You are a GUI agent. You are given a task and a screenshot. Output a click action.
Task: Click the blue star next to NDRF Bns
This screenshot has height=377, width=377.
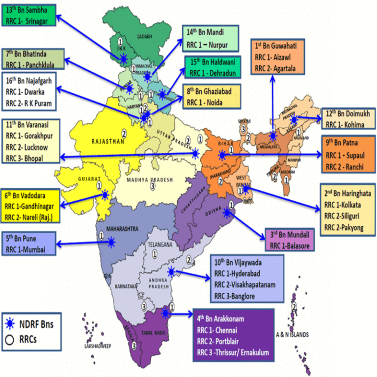[9, 323]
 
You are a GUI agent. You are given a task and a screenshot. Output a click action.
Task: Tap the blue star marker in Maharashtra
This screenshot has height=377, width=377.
[111, 241]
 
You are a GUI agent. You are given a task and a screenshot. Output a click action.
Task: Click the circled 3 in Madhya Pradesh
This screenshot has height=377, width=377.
[153, 187]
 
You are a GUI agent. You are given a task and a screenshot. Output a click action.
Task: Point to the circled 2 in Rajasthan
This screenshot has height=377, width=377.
[124, 132]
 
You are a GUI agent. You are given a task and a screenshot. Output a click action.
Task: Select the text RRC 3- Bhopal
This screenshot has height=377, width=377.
[25, 159]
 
